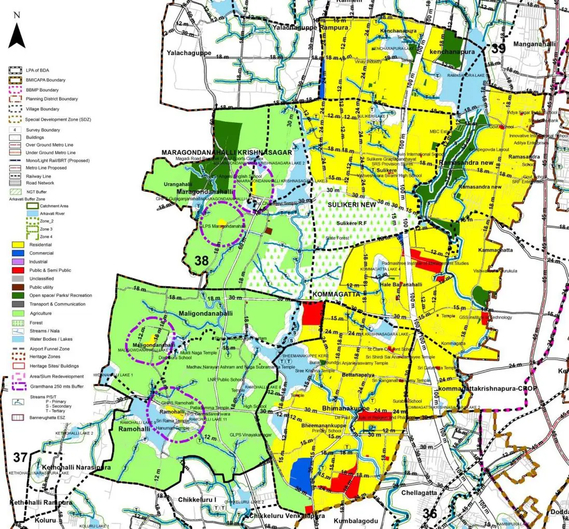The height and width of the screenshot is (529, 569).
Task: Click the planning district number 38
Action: [x=201, y=261]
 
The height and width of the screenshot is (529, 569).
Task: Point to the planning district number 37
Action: [x=20, y=457]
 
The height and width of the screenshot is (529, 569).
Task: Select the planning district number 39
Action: [x=498, y=48]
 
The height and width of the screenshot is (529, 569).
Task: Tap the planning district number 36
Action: [x=430, y=513]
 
